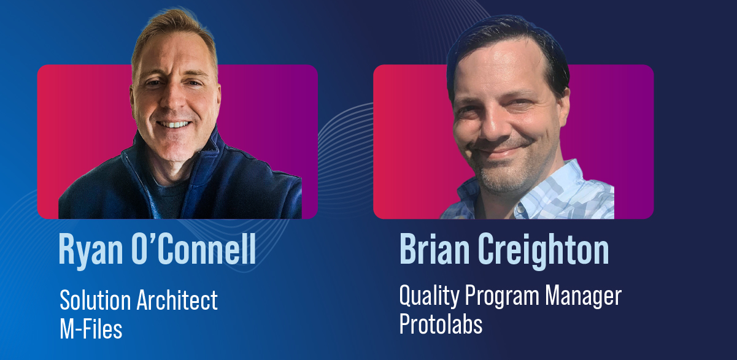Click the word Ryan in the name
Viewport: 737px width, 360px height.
tap(91, 250)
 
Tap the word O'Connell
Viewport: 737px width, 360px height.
tap(194, 248)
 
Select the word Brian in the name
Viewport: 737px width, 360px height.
tap(434, 248)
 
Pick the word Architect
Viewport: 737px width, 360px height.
tap(177, 300)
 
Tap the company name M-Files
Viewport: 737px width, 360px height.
tap(91, 329)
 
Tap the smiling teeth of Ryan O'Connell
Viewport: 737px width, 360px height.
tap(174, 124)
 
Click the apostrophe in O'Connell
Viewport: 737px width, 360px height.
tap(154, 237)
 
